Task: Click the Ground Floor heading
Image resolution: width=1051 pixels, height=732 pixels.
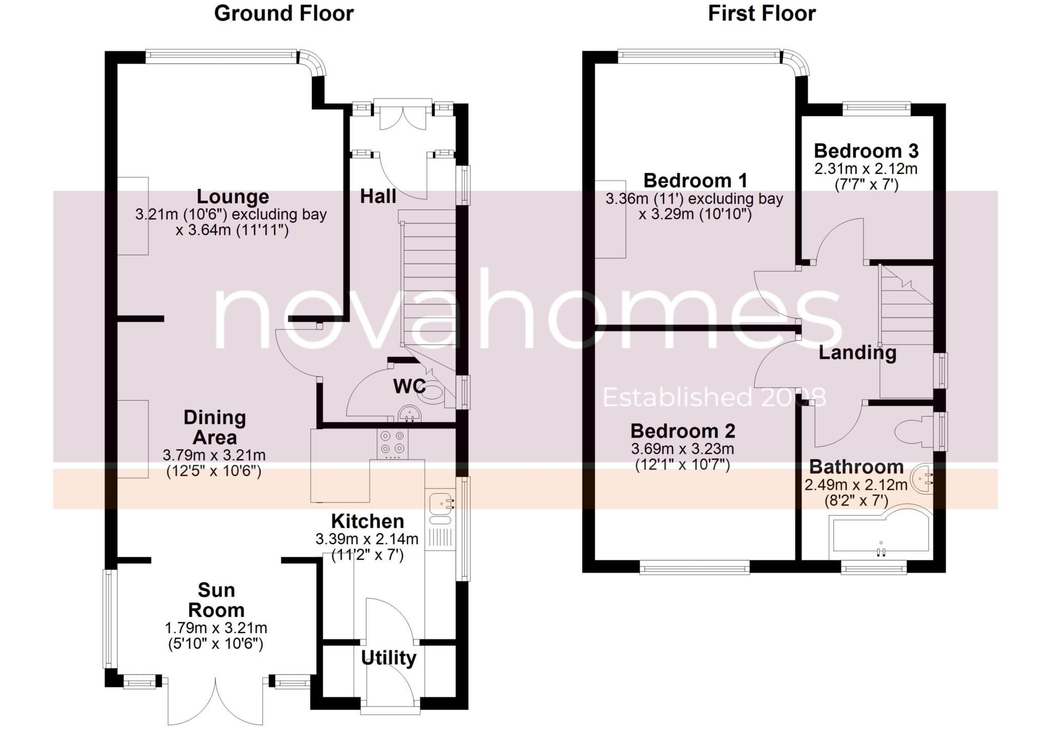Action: [284, 13]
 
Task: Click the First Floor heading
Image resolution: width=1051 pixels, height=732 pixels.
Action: [762, 13]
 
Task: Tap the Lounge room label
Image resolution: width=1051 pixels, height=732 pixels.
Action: [232, 197]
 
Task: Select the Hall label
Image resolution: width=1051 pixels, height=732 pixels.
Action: [378, 196]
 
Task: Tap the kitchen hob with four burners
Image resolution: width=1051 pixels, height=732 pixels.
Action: [393, 443]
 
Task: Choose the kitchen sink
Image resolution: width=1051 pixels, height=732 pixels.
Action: [440, 503]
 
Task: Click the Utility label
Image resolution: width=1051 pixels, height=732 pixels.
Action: [388, 658]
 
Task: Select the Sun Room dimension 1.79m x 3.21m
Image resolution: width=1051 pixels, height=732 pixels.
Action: [216, 628]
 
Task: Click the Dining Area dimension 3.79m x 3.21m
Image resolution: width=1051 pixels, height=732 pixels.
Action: [214, 455]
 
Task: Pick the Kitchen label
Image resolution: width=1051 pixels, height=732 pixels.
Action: [367, 521]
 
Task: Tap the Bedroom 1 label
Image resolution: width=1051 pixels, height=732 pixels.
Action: [695, 181]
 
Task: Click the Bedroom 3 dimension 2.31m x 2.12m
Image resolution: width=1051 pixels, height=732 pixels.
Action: [866, 168]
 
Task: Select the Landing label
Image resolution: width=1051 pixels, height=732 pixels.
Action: [857, 352]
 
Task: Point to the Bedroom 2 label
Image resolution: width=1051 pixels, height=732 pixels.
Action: [683, 431]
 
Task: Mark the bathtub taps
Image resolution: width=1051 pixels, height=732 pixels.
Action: [881, 552]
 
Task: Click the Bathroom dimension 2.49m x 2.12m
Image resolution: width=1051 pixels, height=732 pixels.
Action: [855, 485]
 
